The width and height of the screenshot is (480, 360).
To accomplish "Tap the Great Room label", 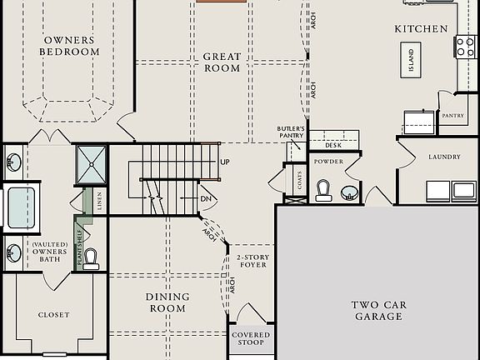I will tap(222, 62).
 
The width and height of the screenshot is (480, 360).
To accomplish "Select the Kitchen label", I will tap(421, 29).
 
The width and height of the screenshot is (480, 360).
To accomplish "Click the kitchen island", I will tap(411, 61).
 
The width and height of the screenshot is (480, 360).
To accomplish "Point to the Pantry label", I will tap(452, 116).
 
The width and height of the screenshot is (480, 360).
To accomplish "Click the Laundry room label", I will tap(444, 157).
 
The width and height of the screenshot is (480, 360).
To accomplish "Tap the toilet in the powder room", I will tap(323, 192).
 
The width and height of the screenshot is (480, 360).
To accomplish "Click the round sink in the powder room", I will tap(350, 193).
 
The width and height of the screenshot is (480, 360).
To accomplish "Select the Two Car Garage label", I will tap(378, 311).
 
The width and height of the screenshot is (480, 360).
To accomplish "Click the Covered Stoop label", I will tap(251, 339).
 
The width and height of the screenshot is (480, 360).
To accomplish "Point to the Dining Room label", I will tap(167, 302).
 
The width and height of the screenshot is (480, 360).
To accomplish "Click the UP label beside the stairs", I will tap(225, 162).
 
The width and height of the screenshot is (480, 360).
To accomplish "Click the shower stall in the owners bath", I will tap(91, 164).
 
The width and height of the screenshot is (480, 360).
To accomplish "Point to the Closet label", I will tap(54, 315).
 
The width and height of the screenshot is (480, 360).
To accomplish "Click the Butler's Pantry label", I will tap(291, 132).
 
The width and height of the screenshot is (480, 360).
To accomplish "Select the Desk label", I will tap(333, 145).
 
